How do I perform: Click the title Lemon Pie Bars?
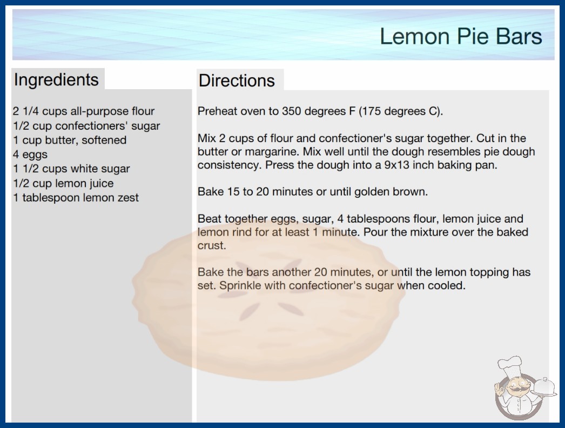(x=461, y=36)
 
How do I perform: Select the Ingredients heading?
(x=56, y=80)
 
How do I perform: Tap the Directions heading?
(x=237, y=81)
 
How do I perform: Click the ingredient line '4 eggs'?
(x=30, y=155)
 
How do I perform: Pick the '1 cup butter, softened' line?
(x=70, y=140)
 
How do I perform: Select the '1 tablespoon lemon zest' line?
(x=76, y=198)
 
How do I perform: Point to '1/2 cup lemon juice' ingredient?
(x=63, y=183)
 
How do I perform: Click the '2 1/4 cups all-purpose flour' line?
(x=84, y=111)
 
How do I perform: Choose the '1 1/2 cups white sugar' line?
(x=71, y=169)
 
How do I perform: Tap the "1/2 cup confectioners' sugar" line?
(x=86, y=126)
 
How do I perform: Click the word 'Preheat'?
(x=217, y=111)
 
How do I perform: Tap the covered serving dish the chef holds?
(x=544, y=388)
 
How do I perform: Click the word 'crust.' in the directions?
(x=212, y=246)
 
